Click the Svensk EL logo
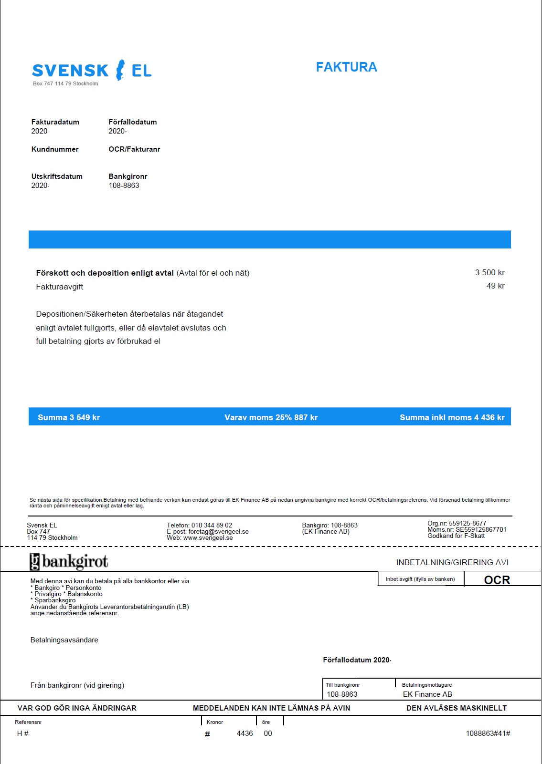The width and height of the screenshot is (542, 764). point(92,70)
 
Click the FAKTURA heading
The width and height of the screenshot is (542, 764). point(346,67)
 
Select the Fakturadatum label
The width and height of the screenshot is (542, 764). point(55,122)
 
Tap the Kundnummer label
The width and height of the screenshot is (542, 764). point(55,149)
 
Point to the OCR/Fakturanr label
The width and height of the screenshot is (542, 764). point(134,149)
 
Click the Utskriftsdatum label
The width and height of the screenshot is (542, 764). point(57,176)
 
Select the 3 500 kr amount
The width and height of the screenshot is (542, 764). point(489,273)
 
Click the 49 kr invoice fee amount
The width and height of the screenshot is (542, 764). point(495,286)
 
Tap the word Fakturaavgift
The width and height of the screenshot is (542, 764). point(60,287)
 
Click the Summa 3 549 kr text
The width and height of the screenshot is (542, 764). point(69,418)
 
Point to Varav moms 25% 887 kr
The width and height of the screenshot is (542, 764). point(271,418)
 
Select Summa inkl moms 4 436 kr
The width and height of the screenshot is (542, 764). point(452,418)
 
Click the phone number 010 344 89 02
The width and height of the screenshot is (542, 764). point(212,526)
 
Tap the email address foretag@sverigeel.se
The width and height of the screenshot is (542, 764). point(218,532)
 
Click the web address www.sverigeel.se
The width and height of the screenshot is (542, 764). point(208,538)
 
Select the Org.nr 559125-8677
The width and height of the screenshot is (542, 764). point(457,524)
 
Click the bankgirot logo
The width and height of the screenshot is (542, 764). point(69,562)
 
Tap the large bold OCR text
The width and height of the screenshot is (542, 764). point(497,580)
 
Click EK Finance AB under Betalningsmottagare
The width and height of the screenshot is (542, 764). point(427,694)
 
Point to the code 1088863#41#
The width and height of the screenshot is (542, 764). point(488,733)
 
